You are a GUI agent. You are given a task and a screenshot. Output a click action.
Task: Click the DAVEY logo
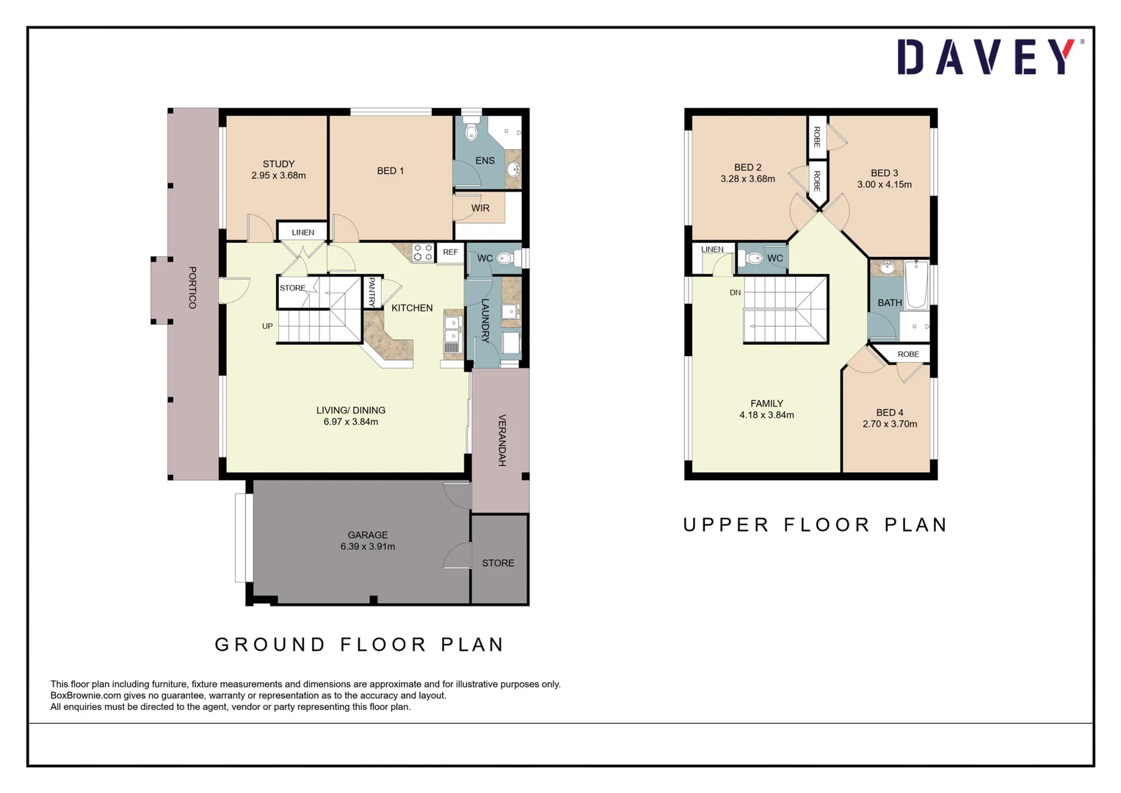[x=987, y=57]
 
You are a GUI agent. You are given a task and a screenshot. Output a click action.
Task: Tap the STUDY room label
[x=278, y=164]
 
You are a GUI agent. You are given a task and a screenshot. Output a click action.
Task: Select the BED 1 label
[x=390, y=170]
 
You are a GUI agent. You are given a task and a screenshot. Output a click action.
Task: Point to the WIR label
[x=480, y=208]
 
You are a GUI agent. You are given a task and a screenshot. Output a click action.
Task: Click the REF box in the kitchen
[x=450, y=252]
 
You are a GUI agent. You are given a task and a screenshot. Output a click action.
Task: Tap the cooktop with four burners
[x=423, y=252]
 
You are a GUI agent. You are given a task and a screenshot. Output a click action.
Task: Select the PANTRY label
[x=371, y=292]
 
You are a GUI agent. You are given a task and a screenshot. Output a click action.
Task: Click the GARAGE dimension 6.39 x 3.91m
[x=367, y=546]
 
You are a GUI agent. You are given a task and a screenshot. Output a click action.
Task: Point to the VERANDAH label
[x=502, y=440]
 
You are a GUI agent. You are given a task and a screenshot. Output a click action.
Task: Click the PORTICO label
[x=192, y=287]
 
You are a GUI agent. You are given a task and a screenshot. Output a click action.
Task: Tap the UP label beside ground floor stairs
[x=267, y=326]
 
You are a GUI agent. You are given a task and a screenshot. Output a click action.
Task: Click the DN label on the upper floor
[x=735, y=292]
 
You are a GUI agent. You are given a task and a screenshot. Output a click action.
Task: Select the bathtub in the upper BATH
[x=916, y=285]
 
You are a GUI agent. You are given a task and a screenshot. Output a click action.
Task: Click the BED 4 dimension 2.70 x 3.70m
[x=889, y=424]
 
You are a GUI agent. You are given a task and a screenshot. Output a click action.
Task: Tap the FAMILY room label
[x=766, y=403]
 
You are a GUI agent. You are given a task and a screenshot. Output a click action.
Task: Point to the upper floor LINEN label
[x=712, y=249]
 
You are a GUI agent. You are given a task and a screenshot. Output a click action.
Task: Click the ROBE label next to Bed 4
[x=908, y=354]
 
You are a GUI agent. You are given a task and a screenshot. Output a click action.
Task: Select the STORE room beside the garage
[x=498, y=562]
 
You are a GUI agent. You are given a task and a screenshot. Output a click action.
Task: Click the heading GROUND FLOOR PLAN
[x=359, y=644]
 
